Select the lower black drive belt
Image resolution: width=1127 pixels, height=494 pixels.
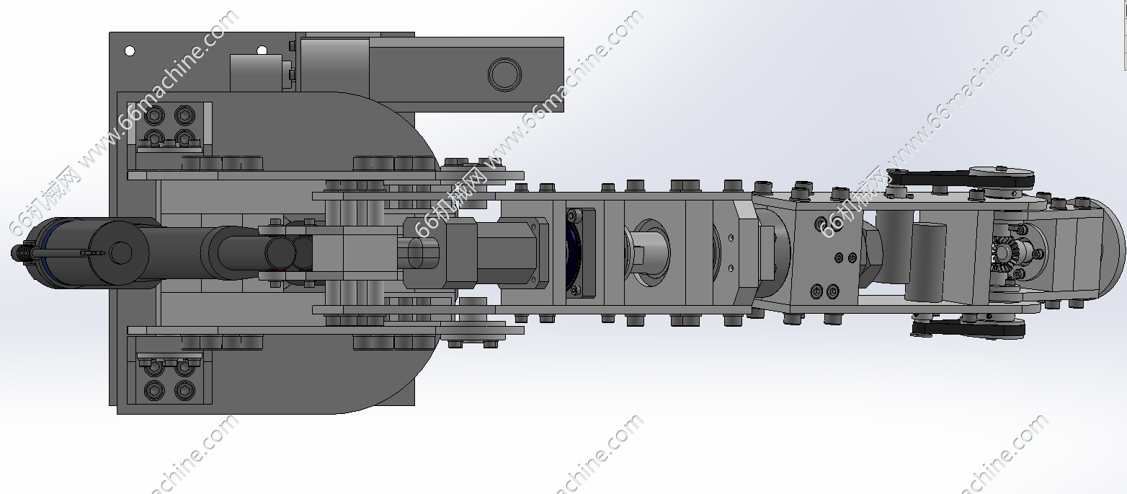pyautogui.click(x=968, y=329)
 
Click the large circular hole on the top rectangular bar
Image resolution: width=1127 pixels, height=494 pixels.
pyautogui.click(x=504, y=74)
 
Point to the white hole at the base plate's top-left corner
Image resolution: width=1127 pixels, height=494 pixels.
pyautogui.click(x=129, y=50)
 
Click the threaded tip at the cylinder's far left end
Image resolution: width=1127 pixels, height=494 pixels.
pyautogui.click(x=19, y=252)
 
